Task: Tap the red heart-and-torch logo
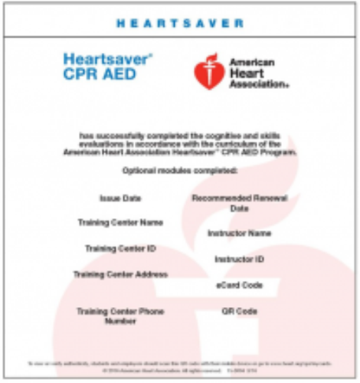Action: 208,71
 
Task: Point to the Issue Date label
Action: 120,198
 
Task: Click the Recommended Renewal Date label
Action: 239,203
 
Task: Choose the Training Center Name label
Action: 120,223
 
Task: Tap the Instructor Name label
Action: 239,233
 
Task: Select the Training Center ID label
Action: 120,249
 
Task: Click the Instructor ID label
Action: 239,260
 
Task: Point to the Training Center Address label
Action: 120,274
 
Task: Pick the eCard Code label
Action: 239,285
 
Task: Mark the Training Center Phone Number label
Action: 120,316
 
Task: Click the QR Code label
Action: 239,311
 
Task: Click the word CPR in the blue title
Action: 80,74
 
